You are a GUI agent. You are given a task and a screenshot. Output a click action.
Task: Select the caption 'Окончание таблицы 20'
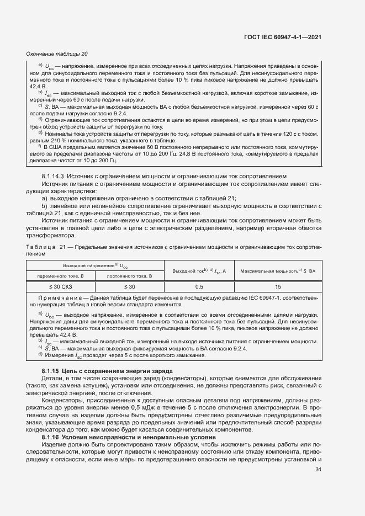[x=57, y=54]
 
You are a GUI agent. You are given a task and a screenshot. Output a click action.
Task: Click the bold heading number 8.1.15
[x=52, y=370]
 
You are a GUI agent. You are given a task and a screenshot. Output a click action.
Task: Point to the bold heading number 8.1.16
[x=52, y=437]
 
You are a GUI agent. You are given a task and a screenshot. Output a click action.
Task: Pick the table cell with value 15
[x=278, y=286]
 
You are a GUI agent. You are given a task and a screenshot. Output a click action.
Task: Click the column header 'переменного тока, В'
[x=61, y=275]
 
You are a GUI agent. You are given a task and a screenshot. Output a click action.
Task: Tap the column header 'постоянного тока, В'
[x=129, y=275]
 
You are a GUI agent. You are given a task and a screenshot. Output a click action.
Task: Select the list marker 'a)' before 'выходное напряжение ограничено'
[x=45, y=198]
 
